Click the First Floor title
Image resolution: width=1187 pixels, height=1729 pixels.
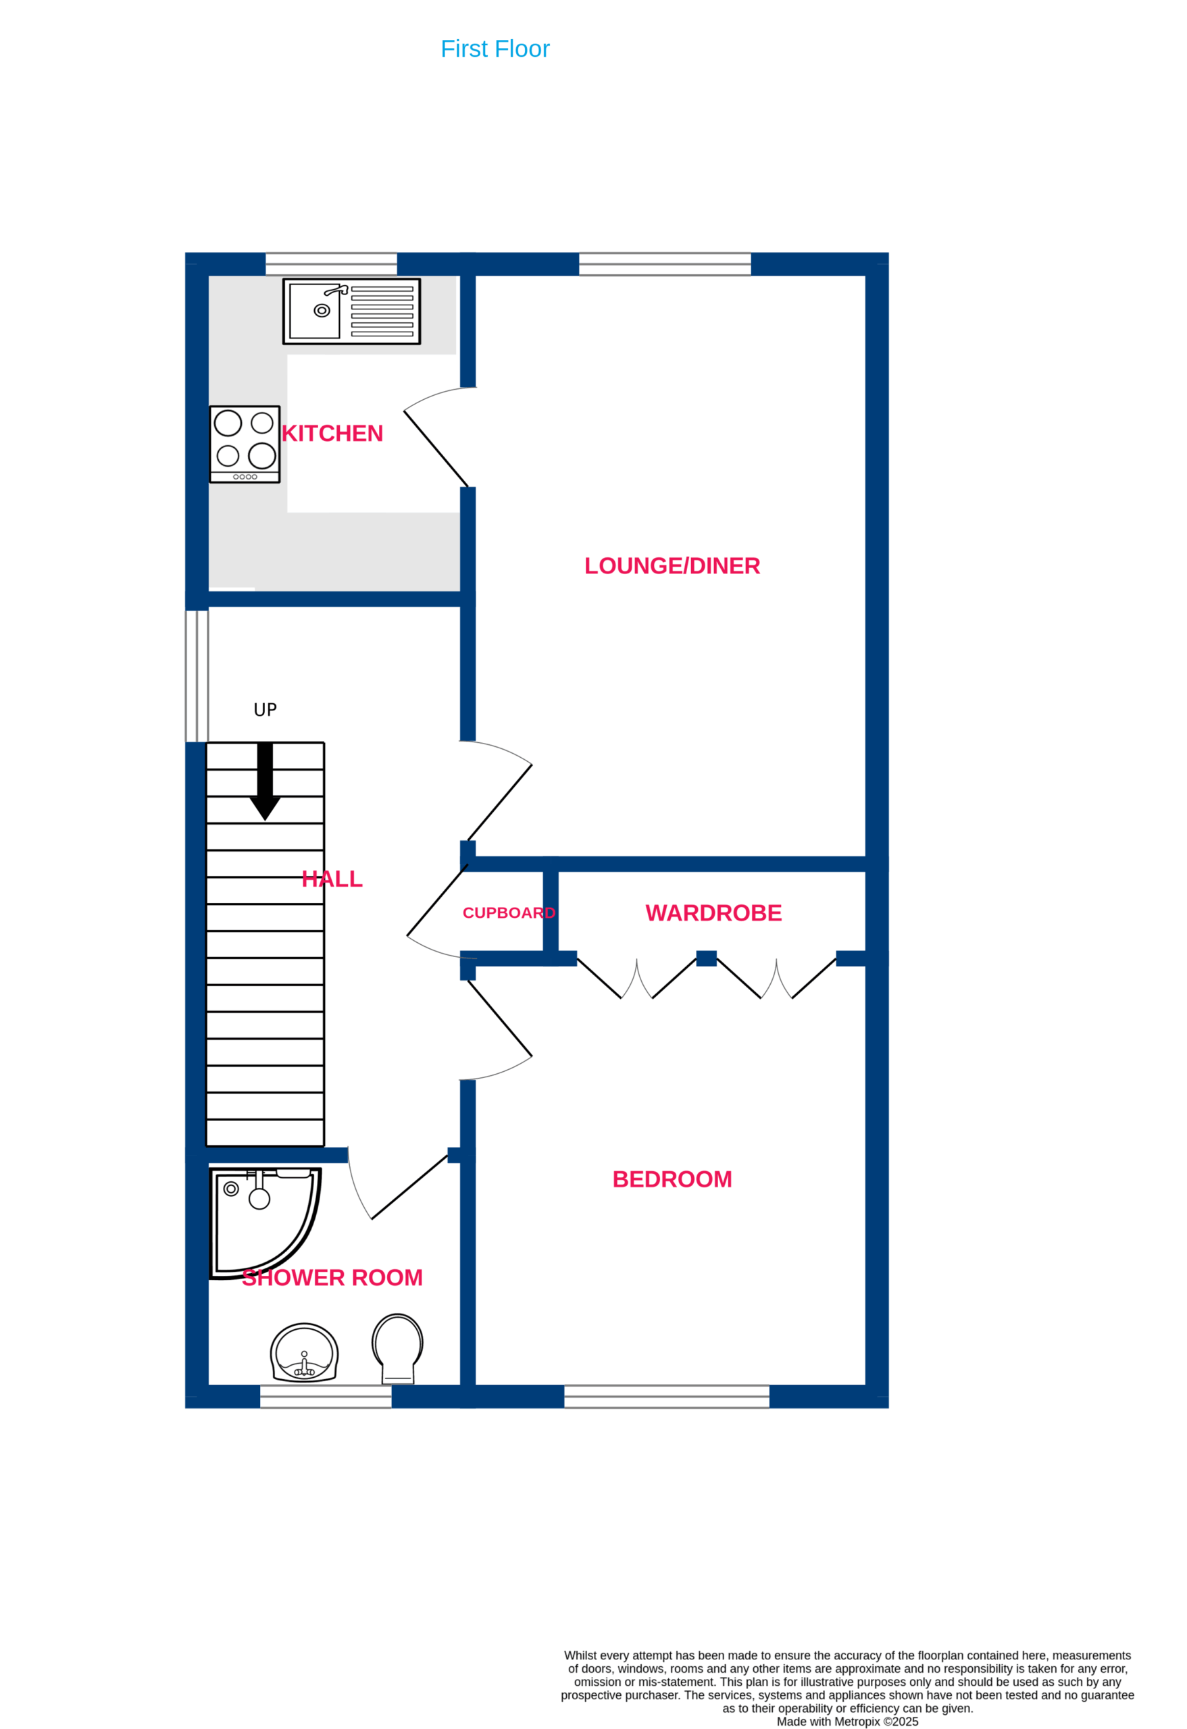(x=495, y=49)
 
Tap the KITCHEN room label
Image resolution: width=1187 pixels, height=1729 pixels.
(x=332, y=434)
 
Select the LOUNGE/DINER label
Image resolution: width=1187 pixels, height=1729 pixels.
(x=672, y=566)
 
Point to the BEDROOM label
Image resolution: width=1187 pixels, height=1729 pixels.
(x=672, y=1179)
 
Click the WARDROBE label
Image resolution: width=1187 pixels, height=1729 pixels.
(x=713, y=913)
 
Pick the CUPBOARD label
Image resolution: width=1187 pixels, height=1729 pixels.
(x=509, y=913)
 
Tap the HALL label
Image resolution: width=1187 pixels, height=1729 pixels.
(x=332, y=879)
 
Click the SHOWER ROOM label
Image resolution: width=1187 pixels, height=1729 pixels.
(x=332, y=1277)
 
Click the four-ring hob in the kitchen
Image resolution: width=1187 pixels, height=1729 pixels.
(x=245, y=444)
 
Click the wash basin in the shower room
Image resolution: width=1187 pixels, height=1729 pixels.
(x=305, y=1353)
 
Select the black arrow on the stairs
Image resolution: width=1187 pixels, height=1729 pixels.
(x=265, y=781)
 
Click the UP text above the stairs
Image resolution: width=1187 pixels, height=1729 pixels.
(x=265, y=710)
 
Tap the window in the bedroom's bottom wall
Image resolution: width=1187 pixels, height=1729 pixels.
(x=667, y=1397)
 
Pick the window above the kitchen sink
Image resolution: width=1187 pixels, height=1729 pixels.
(x=331, y=264)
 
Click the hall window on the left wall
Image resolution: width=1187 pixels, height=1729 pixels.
(x=197, y=675)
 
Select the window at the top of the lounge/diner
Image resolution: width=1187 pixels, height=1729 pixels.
(x=665, y=264)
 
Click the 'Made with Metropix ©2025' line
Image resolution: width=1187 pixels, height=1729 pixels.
(x=848, y=1722)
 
